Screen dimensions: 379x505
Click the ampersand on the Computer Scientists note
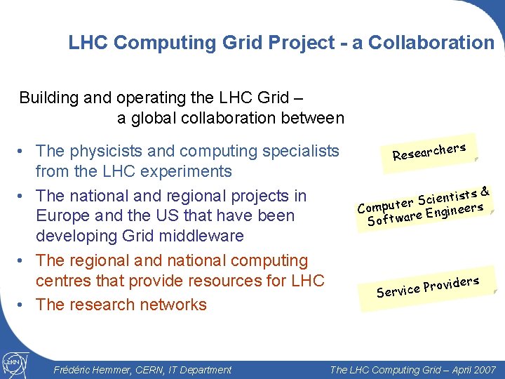485,189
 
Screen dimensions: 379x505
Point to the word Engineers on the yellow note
454,208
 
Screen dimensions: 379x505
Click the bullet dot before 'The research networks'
24,305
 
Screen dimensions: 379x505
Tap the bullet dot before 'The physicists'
24,151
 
